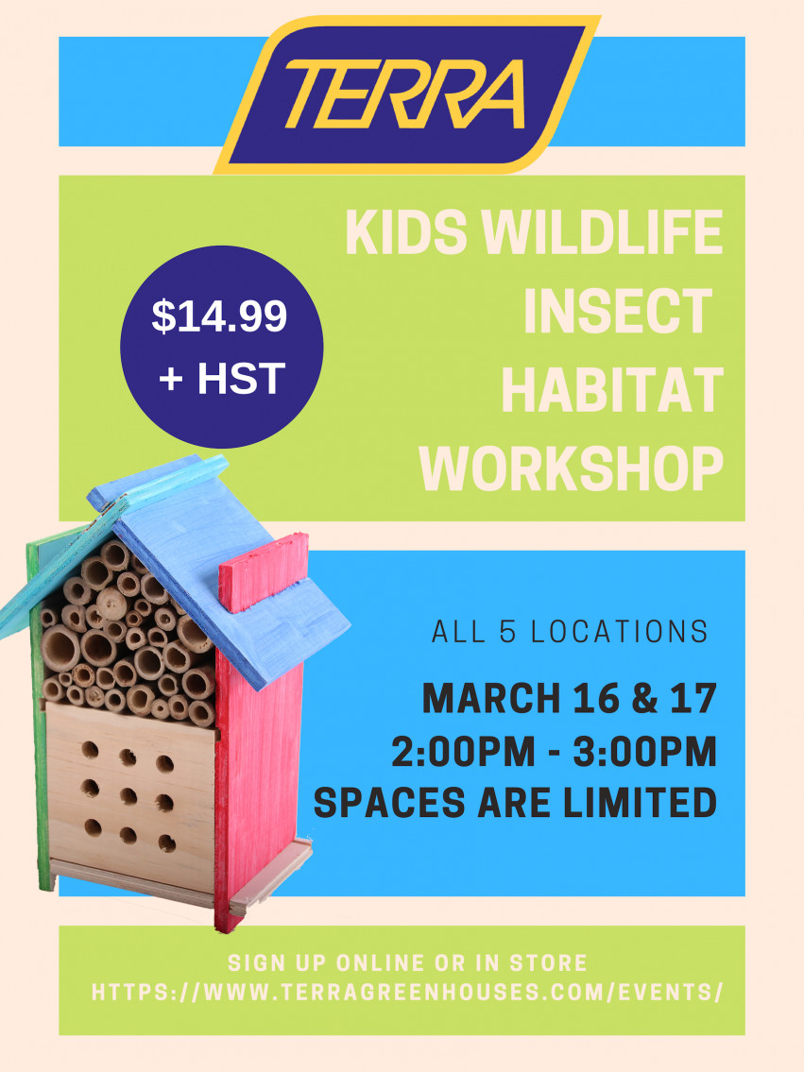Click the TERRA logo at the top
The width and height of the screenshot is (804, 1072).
[x=406, y=94]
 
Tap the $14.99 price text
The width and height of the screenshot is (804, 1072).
[x=219, y=316]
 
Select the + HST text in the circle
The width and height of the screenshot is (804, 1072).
[x=221, y=378]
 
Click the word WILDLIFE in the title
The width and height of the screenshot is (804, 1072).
[x=603, y=231]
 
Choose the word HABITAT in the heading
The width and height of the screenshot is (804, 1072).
[x=612, y=389]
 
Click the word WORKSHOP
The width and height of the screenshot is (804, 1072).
[x=572, y=468]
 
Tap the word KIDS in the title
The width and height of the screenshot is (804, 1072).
[x=407, y=231]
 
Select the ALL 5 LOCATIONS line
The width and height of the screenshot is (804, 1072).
[x=571, y=633]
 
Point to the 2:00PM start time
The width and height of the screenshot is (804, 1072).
[x=464, y=752]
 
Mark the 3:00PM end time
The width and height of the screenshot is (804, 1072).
[x=644, y=752]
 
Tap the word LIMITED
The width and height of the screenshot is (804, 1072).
[x=640, y=802]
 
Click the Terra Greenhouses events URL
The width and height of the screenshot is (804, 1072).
[x=407, y=992]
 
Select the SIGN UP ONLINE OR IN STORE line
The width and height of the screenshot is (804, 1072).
[x=407, y=962]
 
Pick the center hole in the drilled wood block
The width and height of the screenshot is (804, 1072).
[x=128, y=796]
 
